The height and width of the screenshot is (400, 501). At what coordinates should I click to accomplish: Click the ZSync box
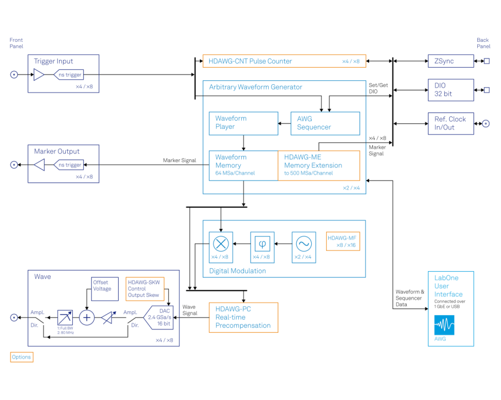[450, 61]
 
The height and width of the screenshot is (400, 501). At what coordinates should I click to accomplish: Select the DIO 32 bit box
[450, 90]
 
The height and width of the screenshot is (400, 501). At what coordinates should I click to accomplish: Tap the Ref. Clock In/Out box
[450, 123]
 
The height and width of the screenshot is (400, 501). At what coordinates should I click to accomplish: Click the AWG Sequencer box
[325, 123]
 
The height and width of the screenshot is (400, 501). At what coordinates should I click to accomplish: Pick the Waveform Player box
[243, 123]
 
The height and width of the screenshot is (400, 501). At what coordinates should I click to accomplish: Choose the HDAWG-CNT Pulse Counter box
[284, 61]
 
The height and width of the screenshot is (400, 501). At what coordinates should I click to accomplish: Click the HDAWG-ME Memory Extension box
[318, 165]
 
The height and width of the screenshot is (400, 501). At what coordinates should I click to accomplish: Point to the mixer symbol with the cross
[221, 243]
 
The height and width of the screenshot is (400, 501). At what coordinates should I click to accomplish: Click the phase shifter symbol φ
[262, 243]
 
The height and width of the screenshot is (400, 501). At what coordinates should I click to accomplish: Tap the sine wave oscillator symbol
[303, 243]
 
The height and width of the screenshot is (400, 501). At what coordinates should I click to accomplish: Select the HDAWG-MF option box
[343, 241]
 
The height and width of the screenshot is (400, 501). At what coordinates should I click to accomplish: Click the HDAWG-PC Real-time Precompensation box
[243, 317]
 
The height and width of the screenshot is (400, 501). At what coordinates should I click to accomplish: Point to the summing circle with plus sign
[87, 317]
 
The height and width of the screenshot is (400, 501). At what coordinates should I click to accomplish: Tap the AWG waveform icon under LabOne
[444, 326]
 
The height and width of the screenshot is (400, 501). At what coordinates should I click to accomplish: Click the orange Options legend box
[22, 357]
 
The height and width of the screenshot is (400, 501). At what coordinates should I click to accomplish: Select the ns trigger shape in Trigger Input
[70, 74]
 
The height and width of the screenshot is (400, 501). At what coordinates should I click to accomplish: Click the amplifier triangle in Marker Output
[39, 165]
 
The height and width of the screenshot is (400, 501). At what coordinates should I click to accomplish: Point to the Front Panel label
[17, 43]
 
